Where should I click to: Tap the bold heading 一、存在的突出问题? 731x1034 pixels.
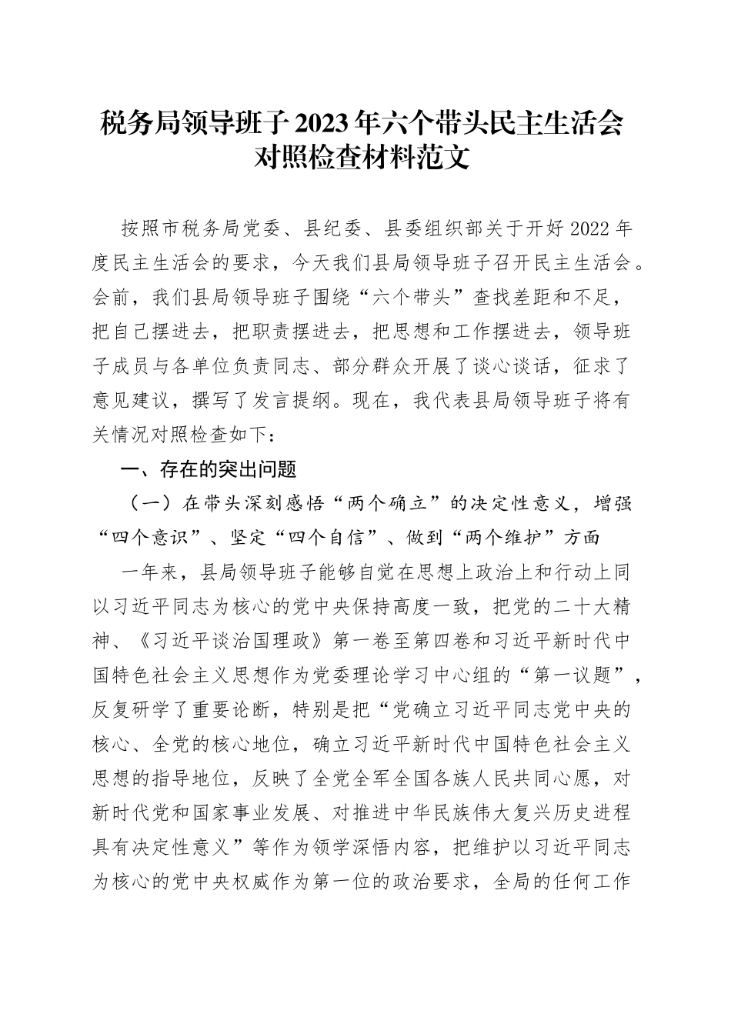205,469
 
